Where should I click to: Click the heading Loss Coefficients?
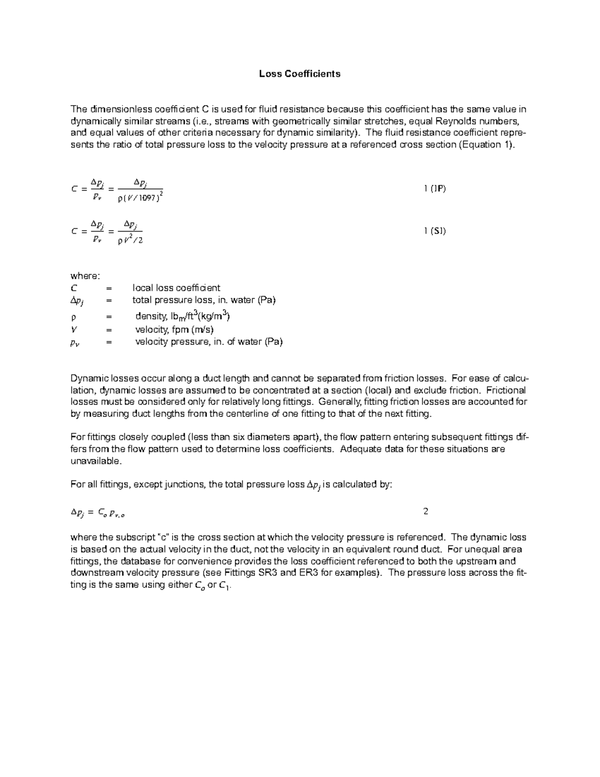299,74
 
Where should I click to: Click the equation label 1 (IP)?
434,189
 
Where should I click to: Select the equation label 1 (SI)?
434,231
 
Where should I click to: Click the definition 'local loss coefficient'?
176,288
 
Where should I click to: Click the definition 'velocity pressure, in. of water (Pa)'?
208,342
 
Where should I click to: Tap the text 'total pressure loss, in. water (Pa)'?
203,300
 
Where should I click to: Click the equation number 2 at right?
425,511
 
